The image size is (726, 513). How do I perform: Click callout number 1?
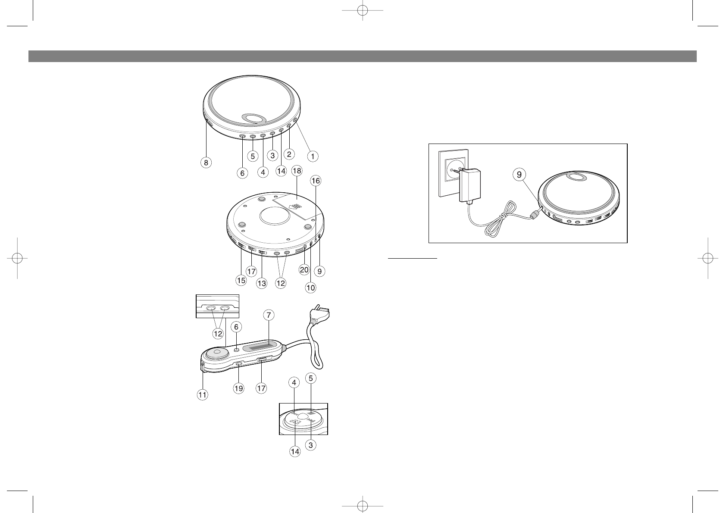(313, 156)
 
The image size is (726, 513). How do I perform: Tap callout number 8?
(207, 163)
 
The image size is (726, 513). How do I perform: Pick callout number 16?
(316, 181)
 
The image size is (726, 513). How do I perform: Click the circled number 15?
(241, 280)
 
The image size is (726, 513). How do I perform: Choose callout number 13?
(261, 283)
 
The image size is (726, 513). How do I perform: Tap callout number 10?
(310, 288)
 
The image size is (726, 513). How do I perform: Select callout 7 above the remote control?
(269, 316)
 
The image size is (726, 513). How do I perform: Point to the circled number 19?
(238, 388)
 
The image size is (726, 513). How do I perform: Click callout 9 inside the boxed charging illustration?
(519, 175)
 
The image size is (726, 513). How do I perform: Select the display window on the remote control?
(258, 347)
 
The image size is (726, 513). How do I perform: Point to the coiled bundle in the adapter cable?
(494, 225)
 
